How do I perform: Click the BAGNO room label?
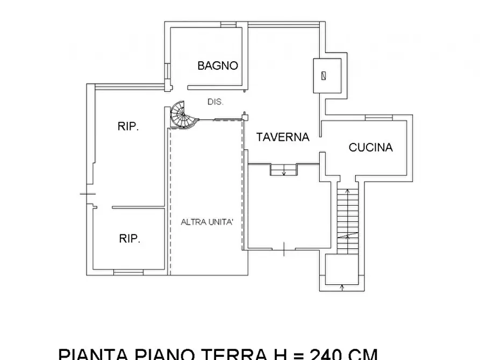(218, 66)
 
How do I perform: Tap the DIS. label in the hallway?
(216, 102)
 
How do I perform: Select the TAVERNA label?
(282, 137)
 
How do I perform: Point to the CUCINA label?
(370, 147)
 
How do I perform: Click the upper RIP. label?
(128, 127)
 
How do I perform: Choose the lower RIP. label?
(129, 239)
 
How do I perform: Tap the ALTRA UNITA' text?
(207, 222)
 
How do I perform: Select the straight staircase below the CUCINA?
(347, 218)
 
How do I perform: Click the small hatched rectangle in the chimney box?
(323, 75)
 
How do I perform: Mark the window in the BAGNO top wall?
(228, 24)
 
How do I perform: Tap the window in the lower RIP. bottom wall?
(128, 272)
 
